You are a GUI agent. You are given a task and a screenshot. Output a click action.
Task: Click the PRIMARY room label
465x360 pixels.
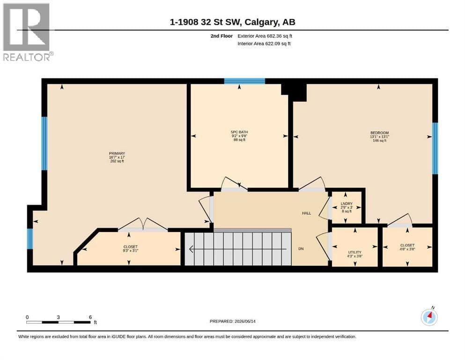117,153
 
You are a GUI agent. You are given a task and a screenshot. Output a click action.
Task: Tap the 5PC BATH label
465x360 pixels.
239,132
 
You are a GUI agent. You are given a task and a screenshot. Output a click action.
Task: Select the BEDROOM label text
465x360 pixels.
379,133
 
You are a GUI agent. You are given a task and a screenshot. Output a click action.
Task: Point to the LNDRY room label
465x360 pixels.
347,203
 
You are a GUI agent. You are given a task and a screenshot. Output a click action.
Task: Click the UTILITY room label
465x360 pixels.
354,252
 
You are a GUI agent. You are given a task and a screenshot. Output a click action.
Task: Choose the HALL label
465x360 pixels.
306,213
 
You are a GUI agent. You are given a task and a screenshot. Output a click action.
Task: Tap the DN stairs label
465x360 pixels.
301,249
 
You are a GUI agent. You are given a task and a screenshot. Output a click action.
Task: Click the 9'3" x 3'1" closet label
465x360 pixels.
131,250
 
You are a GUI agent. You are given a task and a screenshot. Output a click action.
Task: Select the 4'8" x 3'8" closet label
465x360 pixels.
407,249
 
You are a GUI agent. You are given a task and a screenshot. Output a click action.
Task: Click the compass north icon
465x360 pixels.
429,317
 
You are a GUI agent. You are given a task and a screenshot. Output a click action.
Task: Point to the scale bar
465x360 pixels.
59,322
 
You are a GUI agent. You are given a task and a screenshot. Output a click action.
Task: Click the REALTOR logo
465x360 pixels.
27,32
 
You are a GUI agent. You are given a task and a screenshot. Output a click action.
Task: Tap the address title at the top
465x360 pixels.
232,22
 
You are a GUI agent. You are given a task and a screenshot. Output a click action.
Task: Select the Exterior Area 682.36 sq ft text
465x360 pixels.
265,36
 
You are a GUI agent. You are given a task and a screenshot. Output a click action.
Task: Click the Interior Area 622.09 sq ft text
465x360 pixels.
264,44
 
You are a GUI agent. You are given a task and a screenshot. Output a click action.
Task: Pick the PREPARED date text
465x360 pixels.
232,321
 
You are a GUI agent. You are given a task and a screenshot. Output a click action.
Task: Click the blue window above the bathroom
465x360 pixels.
244,81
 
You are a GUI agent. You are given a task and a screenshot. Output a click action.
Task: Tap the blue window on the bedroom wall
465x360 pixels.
435,149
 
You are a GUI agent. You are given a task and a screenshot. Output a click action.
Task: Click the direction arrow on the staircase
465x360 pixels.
238,249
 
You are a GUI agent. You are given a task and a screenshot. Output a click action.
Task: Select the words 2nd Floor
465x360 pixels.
221,36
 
